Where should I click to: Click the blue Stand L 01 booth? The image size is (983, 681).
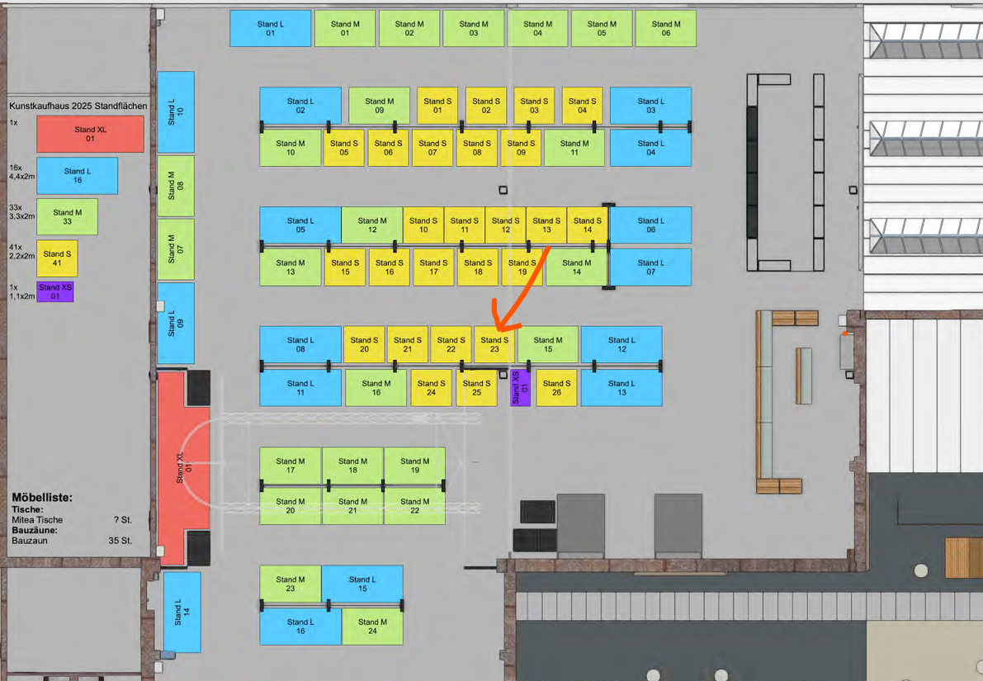pyautogui.click(x=271, y=28)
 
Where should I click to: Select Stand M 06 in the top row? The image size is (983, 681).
pyautogui.click(x=665, y=28)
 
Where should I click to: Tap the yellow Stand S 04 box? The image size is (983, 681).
pyautogui.click(x=582, y=106)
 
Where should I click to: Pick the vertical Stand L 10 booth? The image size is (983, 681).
pyautogui.click(x=176, y=111)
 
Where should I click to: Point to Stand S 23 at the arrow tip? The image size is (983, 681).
pyautogui.click(x=494, y=344)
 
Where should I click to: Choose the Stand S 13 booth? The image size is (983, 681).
pyautogui.click(x=546, y=225)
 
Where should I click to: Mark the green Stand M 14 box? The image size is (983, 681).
pyautogui.click(x=576, y=267)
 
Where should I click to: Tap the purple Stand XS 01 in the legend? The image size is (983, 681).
pyautogui.click(x=55, y=291)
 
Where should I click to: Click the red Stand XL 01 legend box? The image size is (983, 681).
pyautogui.click(x=90, y=134)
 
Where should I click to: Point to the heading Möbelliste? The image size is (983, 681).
pyautogui.click(x=42, y=498)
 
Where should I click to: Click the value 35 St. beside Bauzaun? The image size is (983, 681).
pyautogui.click(x=120, y=541)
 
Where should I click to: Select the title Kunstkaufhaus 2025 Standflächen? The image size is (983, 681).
pyautogui.click(x=78, y=106)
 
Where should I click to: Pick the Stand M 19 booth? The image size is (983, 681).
pyautogui.click(x=414, y=466)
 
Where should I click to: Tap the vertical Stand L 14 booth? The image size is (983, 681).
pyautogui.click(x=182, y=612)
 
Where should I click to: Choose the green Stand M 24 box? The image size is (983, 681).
pyautogui.click(x=372, y=627)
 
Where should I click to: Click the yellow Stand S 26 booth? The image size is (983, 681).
pyautogui.click(x=556, y=387)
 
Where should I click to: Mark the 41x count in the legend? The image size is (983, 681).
pyautogui.click(x=15, y=247)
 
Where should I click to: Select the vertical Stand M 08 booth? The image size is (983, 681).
pyautogui.click(x=176, y=186)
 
